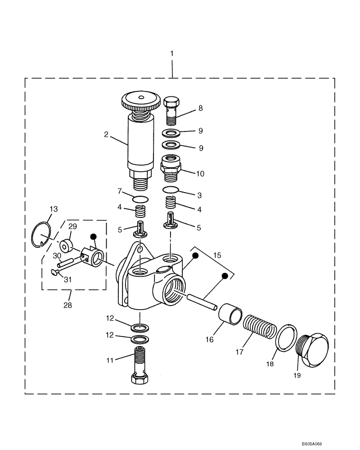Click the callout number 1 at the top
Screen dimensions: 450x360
pyautogui.click(x=171, y=54)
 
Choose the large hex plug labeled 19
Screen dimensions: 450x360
pyautogui.click(x=314, y=350)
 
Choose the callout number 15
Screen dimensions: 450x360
pyautogui.click(x=217, y=255)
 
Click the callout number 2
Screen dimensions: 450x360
pyautogui.click(x=106, y=134)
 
